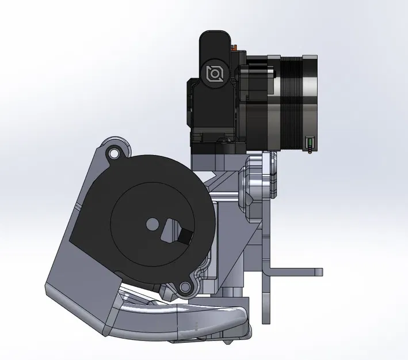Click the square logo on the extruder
pyautogui.click(x=215, y=73)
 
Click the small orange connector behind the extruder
pyautogui.click(x=234, y=46)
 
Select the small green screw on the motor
pyautogui.click(x=308, y=142)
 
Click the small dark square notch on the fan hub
pyautogui.click(x=185, y=235)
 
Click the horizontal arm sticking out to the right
pyautogui.click(x=293, y=271)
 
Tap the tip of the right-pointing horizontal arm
pyautogui.click(x=319, y=271)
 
